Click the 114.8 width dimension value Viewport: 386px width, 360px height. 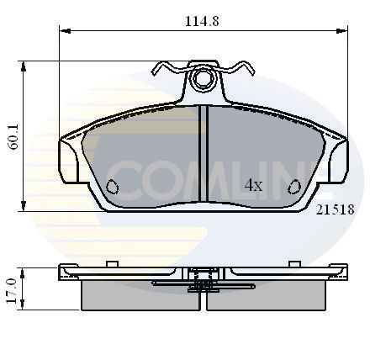click(203, 21)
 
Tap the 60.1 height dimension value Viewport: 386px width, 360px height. click(11, 135)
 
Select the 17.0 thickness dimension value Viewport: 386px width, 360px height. click(11, 289)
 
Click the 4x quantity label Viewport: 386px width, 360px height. click(253, 186)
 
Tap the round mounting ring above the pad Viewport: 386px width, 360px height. click(202, 80)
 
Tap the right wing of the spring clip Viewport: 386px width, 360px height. click(239, 69)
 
